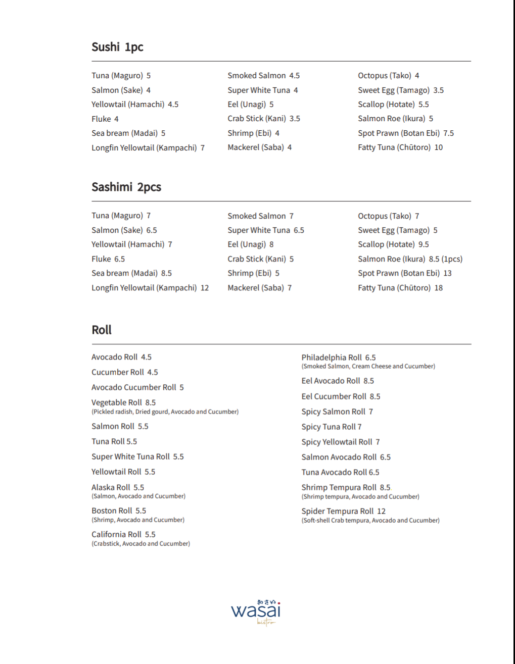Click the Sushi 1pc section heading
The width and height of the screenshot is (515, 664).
[117, 47]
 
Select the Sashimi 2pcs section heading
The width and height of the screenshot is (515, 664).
[126, 187]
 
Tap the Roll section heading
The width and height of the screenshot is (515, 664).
[102, 330]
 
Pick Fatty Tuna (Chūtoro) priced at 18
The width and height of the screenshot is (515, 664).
[400, 288]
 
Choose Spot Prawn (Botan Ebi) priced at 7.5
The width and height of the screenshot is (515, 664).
[405, 133]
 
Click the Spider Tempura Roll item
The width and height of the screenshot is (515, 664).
[343, 512]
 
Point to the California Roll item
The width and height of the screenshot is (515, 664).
[123, 535]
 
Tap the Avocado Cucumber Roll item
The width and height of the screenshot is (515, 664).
[137, 388]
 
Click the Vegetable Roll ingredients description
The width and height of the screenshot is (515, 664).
[165, 412]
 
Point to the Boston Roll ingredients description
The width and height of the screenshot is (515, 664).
[138, 520]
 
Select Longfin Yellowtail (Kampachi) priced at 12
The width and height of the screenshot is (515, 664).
[150, 288]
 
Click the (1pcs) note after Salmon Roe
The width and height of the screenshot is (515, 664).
[452, 259]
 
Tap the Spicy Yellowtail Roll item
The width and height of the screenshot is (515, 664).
[340, 442]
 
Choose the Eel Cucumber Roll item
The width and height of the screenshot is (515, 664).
[341, 397]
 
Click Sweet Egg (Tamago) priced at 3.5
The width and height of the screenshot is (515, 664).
[400, 90]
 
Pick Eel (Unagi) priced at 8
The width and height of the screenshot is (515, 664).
[250, 244]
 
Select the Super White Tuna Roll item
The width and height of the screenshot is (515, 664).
[137, 457]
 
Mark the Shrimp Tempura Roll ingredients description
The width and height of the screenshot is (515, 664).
[360, 497]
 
